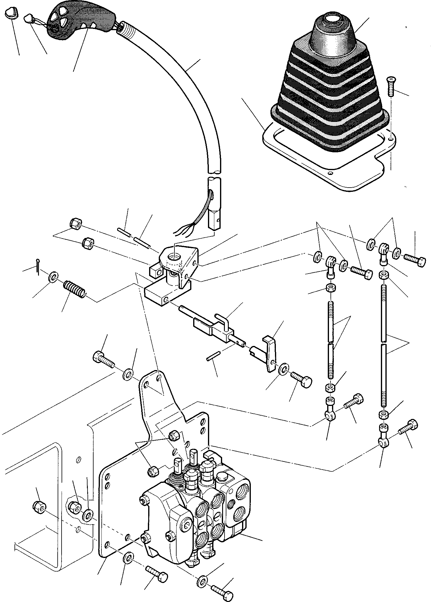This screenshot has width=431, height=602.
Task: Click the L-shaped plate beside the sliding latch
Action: click(x=269, y=353)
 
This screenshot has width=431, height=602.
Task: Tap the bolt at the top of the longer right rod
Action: click(x=415, y=258)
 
